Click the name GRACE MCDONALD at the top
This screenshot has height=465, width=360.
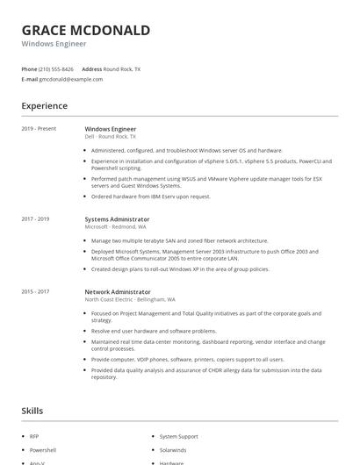pos(86,30)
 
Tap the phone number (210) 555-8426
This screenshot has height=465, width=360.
pos(56,68)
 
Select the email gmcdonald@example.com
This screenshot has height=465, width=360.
pos(70,79)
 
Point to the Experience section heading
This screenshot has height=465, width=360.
pos(44,106)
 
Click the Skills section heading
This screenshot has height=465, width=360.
pos(32,411)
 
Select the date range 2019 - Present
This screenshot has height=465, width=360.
pos(39,129)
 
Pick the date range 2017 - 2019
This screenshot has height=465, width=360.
pos(35,219)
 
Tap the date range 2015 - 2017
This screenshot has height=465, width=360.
pos(35,291)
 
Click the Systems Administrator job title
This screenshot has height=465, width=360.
pos(117,219)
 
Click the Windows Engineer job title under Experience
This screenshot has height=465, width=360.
pos(110,129)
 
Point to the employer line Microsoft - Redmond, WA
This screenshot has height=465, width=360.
pos(115,226)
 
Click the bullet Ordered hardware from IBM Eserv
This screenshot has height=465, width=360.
pos(150,197)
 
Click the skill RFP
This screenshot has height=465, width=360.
pos(34,436)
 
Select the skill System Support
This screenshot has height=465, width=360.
pos(178,436)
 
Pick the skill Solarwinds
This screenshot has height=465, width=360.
pos(173,449)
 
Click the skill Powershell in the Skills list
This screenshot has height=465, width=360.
pos(42,449)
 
